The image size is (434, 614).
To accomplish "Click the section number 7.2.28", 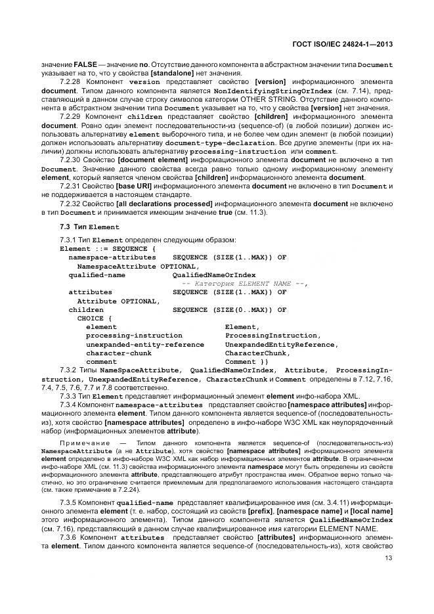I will pos(71,81).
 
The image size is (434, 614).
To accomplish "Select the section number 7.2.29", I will pos(71,116).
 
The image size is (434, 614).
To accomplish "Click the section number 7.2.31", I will pos(71,186).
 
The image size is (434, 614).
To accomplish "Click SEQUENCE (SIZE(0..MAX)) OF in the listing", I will pos(229,309).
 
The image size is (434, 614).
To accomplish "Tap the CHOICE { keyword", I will pos(95,318).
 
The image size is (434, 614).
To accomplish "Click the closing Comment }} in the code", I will pos(246,361).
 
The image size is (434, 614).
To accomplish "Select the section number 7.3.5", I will pos(70,502).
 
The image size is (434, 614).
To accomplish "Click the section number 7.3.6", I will pos(70,537).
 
